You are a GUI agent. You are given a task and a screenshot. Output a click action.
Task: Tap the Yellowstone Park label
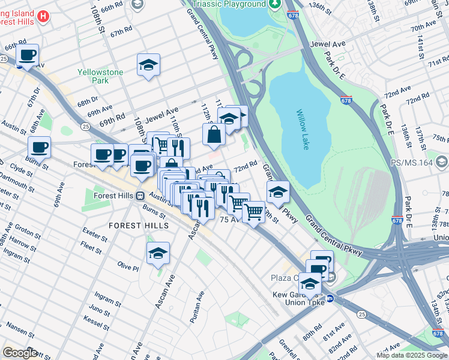pyautogui.click(x=100, y=76)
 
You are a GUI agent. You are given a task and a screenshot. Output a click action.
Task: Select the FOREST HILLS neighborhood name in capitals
pyautogui.click(x=133, y=225)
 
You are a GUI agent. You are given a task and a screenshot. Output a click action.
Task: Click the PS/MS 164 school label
pyautogui.click(x=411, y=162)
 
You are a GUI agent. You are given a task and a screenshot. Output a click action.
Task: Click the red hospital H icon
pyautogui.click(x=43, y=16)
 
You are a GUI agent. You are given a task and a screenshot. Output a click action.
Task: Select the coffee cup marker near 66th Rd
pyautogui.click(x=27, y=56)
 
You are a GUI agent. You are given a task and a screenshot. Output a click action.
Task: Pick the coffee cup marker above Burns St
pyautogui.click(x=39, y=147)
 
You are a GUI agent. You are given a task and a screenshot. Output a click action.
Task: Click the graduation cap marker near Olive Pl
pyautogui.click(x=158, y=253)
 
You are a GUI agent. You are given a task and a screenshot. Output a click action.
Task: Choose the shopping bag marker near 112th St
pyautogui.click(x=214, y=135)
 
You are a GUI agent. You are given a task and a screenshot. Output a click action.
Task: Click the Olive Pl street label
pyautogui.click(x=128, y=266)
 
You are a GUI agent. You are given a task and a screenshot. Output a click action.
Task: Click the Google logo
pyautogui.click(x=20, y=353)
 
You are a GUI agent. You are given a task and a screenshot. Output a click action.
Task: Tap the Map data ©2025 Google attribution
pyautogui.click(x=411, y=355)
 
